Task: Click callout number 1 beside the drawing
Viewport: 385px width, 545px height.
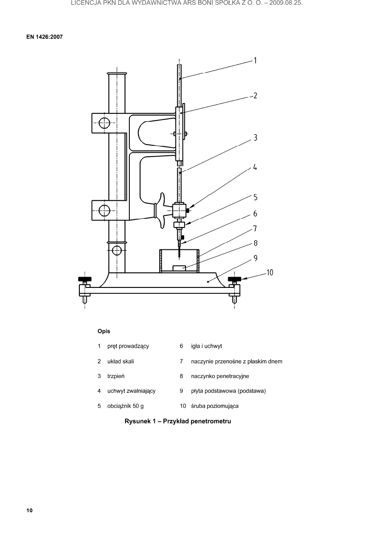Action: click(255, 60)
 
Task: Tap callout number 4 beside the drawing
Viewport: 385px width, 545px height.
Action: click(255, 167)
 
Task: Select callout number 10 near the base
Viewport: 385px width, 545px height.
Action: click(270, 273)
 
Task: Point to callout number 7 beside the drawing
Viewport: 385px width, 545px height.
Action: click(255, 229)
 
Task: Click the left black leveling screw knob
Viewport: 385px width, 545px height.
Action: click(85, 279)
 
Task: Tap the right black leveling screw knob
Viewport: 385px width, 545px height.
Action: click(234, 279)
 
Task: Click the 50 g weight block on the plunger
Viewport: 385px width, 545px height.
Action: click(179, 224)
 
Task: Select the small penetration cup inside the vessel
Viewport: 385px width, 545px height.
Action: click(179, 268)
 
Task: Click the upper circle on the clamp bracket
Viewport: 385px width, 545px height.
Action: click(104, 123)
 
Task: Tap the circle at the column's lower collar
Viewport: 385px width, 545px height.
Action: click(117, 250)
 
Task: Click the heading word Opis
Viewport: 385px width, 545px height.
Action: click(104, 331)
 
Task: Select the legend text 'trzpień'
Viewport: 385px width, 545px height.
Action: click(116, 376)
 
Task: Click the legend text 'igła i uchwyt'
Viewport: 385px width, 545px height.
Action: click(207, 346)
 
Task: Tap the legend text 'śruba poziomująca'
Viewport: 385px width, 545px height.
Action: click(215, 406)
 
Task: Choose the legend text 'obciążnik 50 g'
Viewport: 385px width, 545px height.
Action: click(125, 406)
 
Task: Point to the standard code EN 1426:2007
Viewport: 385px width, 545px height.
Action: click(44, 37)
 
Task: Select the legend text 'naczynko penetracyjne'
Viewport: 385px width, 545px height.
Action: click(220, 376)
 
